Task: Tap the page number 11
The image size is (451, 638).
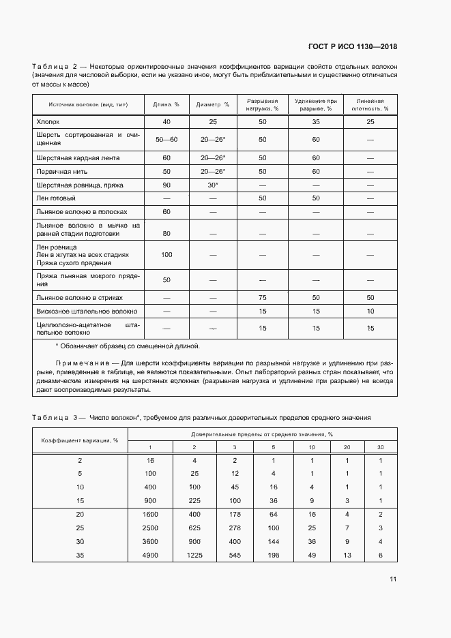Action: (x=393, y=579)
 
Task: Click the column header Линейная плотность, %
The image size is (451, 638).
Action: (x=370, y=104)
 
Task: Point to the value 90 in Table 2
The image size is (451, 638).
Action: (x=166, y=185)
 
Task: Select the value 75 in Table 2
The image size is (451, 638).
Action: (x=262, y=297)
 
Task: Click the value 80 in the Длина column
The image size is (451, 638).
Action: (x=166, y=233)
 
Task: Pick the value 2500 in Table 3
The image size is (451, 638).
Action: (x=150, y=527)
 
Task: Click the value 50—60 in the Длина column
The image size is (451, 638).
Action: (x=166, y=139)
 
